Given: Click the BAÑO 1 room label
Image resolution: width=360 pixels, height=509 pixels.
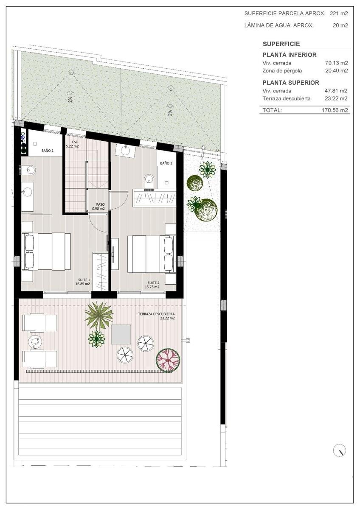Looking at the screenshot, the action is coord(48,151).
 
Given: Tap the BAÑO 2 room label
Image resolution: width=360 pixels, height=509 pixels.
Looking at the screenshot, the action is coord(166,163).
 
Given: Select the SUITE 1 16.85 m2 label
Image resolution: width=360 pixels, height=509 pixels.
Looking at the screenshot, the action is coord(83,282).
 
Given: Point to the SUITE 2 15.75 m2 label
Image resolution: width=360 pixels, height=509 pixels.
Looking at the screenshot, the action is coord(152,285).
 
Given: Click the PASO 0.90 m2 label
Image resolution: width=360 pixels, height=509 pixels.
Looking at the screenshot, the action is coord(98,206).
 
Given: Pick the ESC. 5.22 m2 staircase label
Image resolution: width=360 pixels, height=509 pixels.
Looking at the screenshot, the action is coord(72,144).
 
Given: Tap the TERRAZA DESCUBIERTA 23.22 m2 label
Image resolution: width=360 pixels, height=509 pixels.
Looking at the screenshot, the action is coord(157,316).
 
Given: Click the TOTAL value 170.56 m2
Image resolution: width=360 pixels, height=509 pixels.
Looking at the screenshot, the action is coord(335,110).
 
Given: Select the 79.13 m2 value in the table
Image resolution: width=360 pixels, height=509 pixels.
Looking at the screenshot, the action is coord(337,63).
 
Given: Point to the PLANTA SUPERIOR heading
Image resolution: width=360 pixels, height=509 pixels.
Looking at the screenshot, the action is coord(291,82).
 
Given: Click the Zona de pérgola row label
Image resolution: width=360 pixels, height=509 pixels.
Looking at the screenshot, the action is coord(282,71).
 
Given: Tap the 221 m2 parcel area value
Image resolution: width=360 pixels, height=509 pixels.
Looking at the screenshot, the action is coord(339,14).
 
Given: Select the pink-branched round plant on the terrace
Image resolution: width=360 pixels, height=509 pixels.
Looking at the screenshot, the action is coord(168,360).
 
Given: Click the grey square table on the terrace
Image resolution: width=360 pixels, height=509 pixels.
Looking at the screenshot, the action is coord(121,334).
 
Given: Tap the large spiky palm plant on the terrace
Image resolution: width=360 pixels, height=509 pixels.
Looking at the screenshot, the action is coord(98,315).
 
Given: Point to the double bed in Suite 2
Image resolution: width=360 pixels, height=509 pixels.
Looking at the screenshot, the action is coord(152,254).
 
